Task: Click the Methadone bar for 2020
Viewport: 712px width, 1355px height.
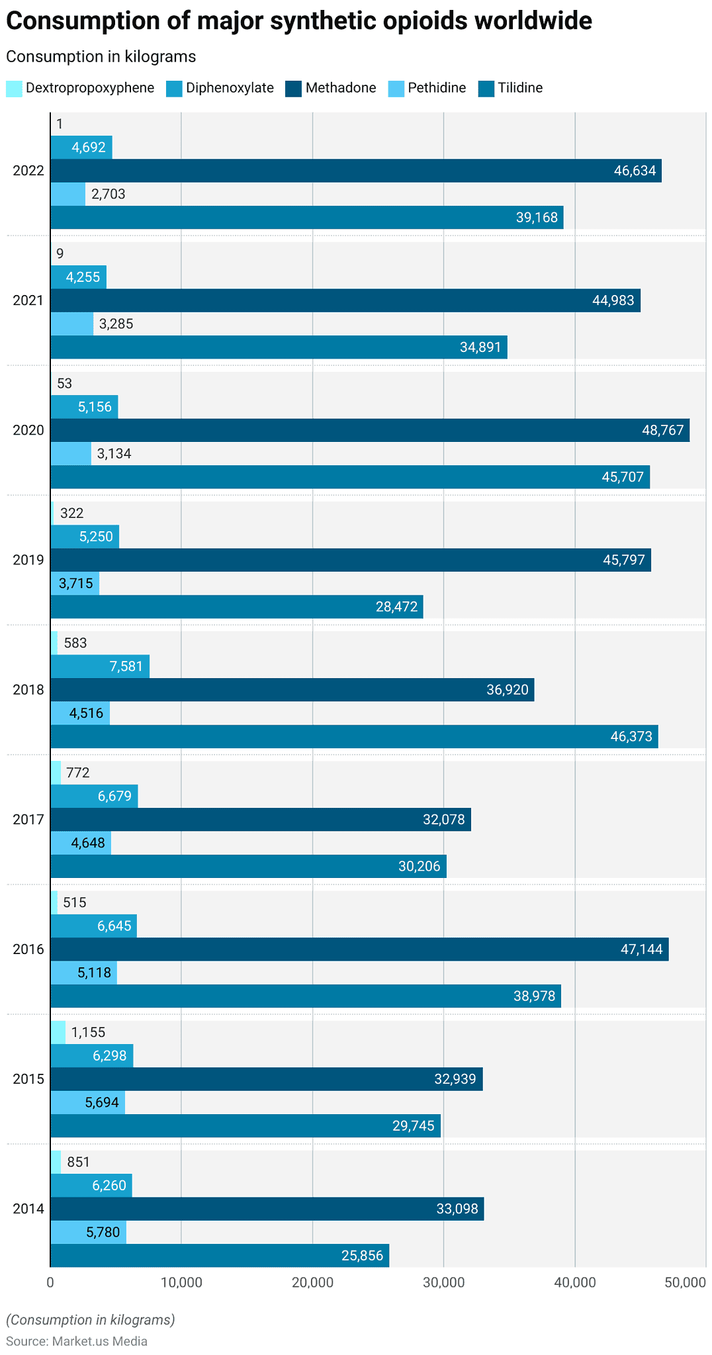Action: click(x=370, y=430)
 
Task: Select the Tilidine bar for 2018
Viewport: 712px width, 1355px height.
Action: click(x=354, y=736)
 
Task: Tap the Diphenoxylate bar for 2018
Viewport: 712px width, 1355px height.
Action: click(x=100, y=666)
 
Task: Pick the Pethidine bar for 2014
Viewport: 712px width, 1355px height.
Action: click(x=88, y=1233)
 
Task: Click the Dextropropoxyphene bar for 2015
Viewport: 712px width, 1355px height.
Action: click(x=58, y=1032)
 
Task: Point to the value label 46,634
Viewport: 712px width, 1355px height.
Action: click(x=635, y=171)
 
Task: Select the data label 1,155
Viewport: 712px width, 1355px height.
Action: click(x=88, y=1032)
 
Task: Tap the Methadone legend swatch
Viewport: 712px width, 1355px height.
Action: click(x=293, y=89)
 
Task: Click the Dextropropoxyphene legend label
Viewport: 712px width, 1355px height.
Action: click(x=90, y=88)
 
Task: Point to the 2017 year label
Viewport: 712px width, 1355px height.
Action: click(x=28, y=820)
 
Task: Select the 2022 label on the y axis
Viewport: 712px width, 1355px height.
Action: click(x=28, y=171)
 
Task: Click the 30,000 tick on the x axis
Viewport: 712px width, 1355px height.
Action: click(x=443, y=1282)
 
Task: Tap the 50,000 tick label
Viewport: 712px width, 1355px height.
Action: click(x=686, y=1282)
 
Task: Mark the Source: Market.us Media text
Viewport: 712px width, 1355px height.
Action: click(x=77, y=1341)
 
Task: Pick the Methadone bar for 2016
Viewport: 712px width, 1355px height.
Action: click(x=359, y=949)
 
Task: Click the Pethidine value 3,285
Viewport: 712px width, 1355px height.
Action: click(x=116, y=324)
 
